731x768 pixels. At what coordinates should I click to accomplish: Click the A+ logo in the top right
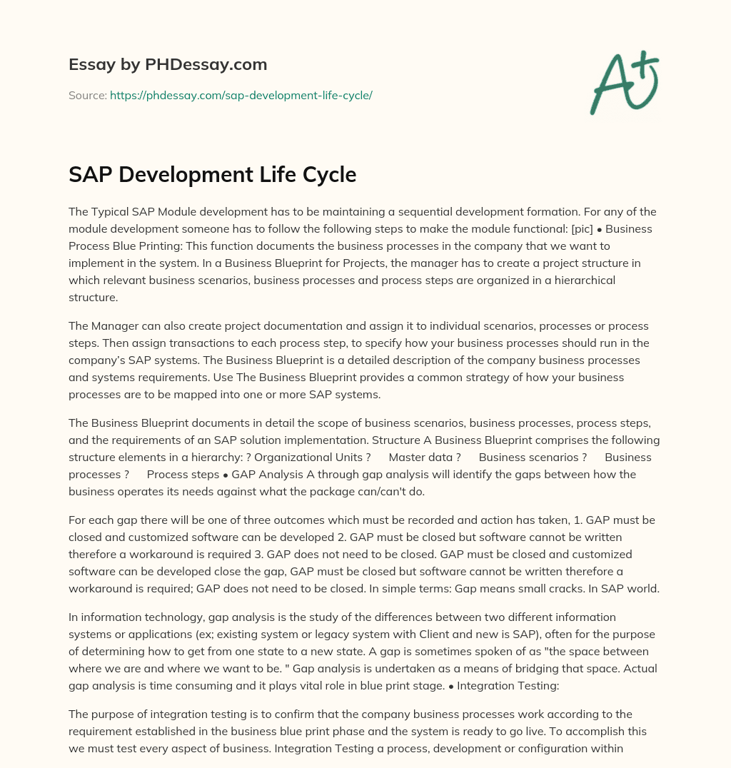tap(624, 82)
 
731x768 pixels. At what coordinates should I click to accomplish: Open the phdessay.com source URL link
tap(241, 95)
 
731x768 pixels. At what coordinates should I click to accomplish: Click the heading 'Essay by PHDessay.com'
tap(168, 65)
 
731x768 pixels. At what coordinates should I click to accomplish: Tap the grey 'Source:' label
tap(88, 95)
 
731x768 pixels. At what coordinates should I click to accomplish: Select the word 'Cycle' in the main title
tap(326, 174)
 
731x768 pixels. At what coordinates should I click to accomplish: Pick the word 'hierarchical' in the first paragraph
tap(583, 281)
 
